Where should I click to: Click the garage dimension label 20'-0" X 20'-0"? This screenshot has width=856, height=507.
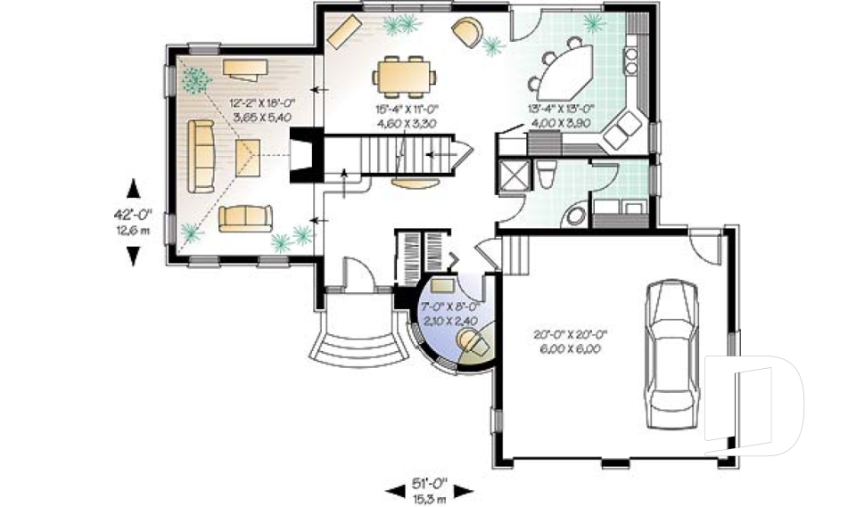coord(571,343)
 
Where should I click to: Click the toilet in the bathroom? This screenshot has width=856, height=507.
coord(547,173)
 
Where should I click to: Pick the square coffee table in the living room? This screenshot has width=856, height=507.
coord(246,159)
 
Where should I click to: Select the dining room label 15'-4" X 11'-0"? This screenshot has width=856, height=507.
coord(406,117)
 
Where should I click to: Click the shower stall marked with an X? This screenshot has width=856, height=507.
coord(514,172)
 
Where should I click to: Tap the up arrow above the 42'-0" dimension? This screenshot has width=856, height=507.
coord(133,188)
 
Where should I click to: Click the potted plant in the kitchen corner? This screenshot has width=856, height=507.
coord(591,22)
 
